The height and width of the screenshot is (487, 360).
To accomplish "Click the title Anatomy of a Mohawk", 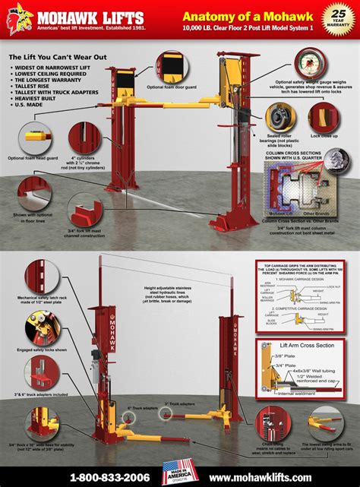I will click(x=247, y=14).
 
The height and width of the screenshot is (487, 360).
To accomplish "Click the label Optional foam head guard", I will click(x=29, y=158).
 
